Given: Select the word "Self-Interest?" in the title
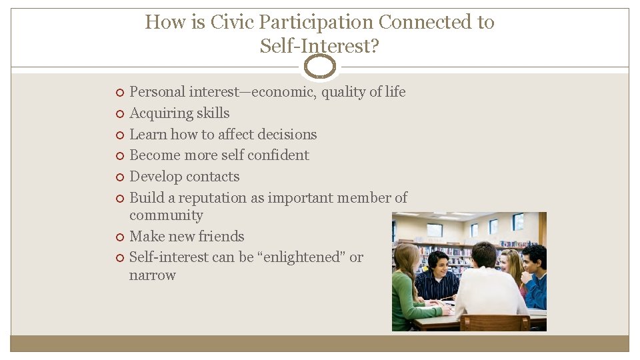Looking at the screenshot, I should tap(319, 46).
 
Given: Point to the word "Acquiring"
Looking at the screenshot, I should tap(157, 113).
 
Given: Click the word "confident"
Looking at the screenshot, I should tap(278, 155).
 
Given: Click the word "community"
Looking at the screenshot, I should tap(166, 215).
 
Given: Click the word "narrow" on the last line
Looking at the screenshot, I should tap(152, 275).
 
